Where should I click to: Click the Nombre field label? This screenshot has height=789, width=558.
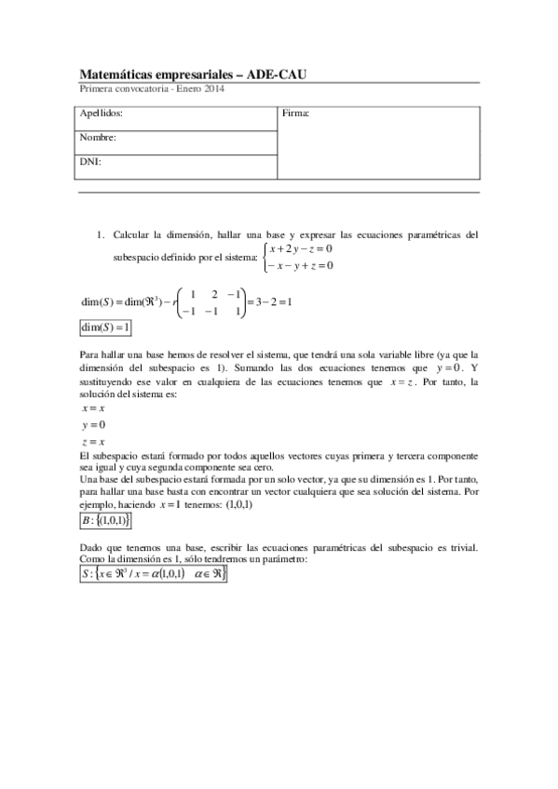tap(98, 138)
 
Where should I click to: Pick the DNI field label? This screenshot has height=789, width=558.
tap(90, 162)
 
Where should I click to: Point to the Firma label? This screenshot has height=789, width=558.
tap(295, 114)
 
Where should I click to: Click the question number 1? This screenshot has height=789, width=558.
tap(100, 234)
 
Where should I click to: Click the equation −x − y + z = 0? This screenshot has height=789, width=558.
tap(300, 266)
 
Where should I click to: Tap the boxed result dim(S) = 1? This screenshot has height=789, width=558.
tap(106, 328)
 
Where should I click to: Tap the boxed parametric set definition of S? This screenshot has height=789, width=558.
tap(153, 575)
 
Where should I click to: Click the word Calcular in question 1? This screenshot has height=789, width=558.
tap(129, 234)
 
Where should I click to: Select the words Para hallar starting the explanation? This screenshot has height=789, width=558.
tap(102, 354)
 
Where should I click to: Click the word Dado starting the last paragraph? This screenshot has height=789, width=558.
tap(90, 547)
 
